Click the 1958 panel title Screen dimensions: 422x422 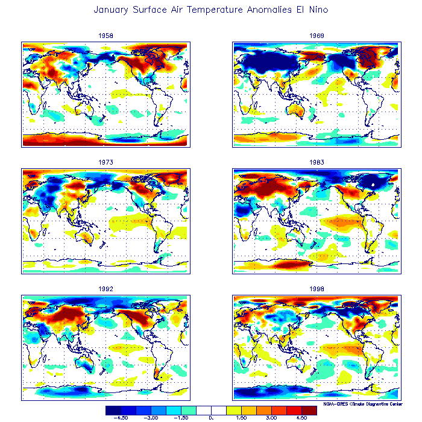(x=105, y=36)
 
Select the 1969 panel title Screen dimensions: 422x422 (x=316, y=36)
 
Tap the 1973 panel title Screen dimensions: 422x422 (x=105, y=162)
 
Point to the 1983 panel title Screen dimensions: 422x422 (x=316, y=162)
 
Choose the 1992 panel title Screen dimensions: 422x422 (x=105, y=289)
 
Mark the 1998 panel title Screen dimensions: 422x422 (x=316, y=289)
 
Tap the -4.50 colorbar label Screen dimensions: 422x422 (x=120, y=417)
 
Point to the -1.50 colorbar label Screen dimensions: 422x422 (x=181, y=417)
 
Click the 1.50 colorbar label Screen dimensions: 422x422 (x=241, y=417)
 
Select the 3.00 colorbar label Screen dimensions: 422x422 (x=271, y=417)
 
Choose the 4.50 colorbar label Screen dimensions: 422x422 (x=301, y=417)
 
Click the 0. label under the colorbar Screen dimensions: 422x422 (x=211, y=417)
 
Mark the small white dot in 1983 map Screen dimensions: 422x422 (x=374, y=184)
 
